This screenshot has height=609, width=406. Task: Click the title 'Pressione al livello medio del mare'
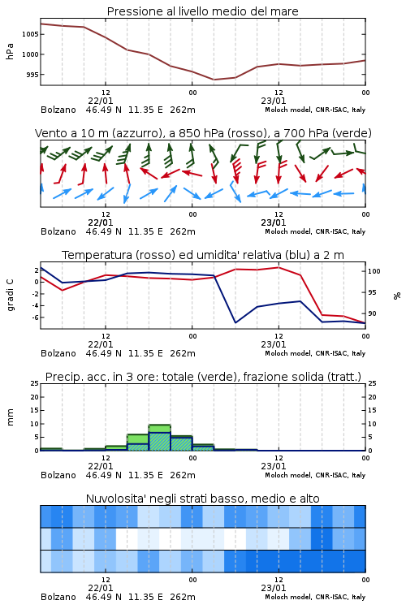click(x=202, y=11)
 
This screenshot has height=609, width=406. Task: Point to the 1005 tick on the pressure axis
click(x=30, y=34)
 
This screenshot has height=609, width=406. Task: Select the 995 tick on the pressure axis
click(x=32, y=75)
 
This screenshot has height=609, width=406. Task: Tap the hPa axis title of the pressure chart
click(x=10, y=51)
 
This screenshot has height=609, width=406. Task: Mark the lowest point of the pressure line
click(x=214, y=80)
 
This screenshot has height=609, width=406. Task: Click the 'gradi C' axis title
click(x=11, y=296)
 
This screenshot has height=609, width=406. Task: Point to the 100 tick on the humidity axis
click(x=374, y=271)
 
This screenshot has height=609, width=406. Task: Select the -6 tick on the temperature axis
click(x=35, y=317)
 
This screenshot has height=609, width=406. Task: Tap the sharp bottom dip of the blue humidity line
click(x=235, y=322)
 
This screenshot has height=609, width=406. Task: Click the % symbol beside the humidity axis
click(x=397, y=296)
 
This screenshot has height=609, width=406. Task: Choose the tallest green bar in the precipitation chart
click(x=160, y=438)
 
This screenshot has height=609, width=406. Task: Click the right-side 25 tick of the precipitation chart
click(x=372, y=383)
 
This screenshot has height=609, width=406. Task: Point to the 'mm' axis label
click(x=10, y=417)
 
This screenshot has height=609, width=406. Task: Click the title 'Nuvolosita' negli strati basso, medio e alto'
click(x=202, y=499)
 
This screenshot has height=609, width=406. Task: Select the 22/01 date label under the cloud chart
click(x=100, y=588)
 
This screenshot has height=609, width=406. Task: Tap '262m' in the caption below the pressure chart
click(x=183, y=110)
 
